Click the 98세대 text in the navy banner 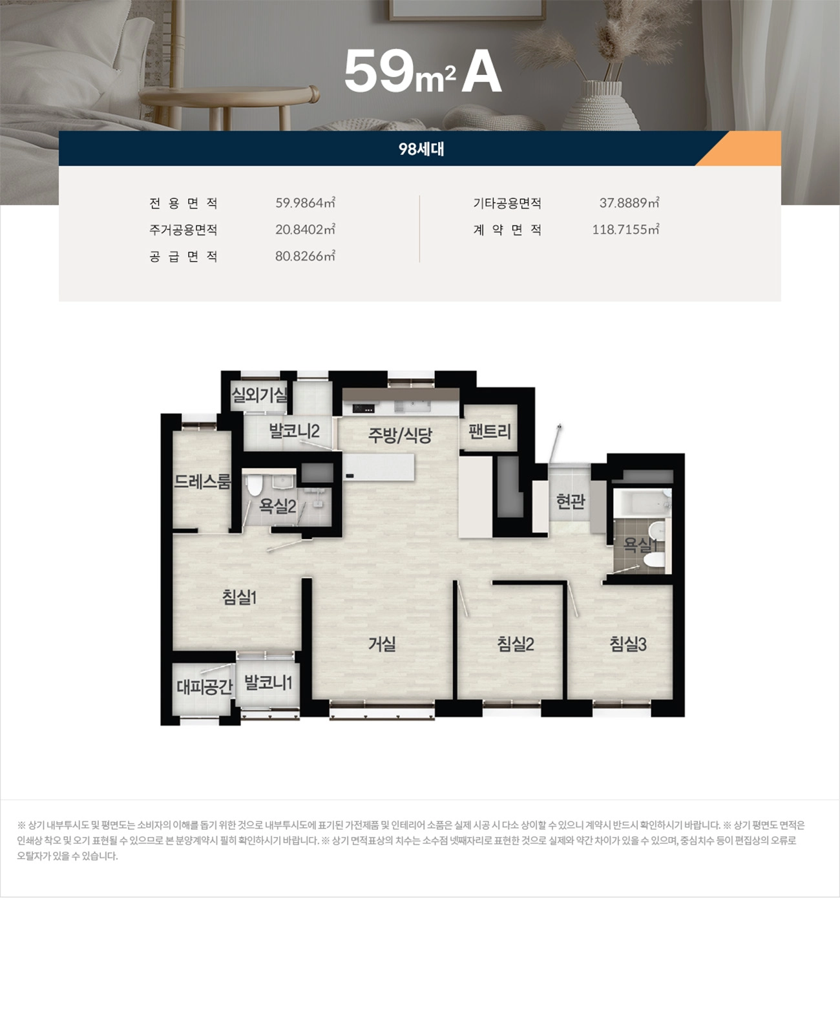(421, 149)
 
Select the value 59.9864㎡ (305, 203)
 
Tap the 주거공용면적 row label (184, 230)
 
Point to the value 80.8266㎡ (305, 256)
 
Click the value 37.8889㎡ (629, 203)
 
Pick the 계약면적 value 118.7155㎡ (625, 229)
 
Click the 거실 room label (382, 644)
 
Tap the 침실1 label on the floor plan (240, 597)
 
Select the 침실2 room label (515, 644)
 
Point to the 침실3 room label (628, 644)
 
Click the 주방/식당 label (400, 435)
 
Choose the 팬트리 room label (489, 431)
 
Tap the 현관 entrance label (571, 501)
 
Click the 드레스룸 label (202, 481)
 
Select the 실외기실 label (259, 394)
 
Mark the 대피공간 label (204, 686)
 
